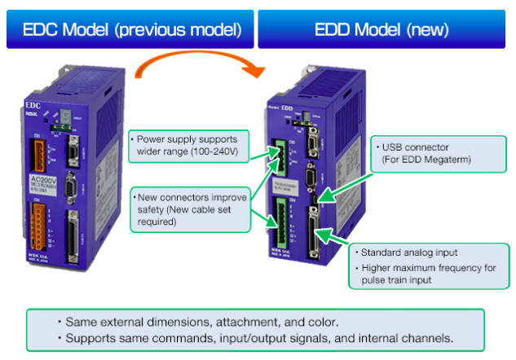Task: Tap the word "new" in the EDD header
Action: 429,29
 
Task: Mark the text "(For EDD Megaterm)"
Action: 421,161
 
